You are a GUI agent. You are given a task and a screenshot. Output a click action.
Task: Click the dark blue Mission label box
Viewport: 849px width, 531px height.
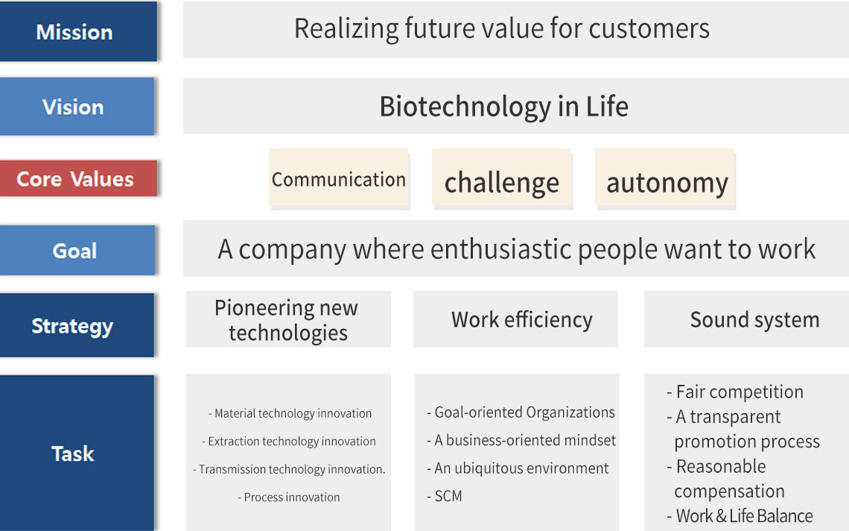pyautogui.click(x=78, y=31)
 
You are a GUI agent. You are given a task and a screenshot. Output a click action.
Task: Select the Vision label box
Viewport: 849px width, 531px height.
pyautogui.click(x=77, y=107)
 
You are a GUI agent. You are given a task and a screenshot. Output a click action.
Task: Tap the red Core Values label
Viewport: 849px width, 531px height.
pyautogui.click(x=78, y=178)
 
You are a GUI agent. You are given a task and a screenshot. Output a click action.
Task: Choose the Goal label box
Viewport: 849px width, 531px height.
pyautogui.click(x=77, y=250)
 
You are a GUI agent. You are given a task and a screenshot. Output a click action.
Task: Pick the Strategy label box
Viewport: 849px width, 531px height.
pyautogui.click(x=77, y=325)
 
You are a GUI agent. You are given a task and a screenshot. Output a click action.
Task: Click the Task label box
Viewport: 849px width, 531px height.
pyautogui.click(x=77, y=453)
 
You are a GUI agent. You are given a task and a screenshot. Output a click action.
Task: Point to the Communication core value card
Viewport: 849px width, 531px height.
pyautogui.click(x=338, y=178)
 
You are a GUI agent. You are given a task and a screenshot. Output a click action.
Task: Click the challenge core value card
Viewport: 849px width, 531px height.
pyautogui.click(x=501, y=178)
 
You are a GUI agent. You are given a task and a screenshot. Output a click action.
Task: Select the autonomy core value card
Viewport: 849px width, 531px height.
pyautogui.click(x=665, y=178)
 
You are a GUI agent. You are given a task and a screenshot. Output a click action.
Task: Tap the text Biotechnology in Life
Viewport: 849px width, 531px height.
pyautogui.click(x=503, y=107)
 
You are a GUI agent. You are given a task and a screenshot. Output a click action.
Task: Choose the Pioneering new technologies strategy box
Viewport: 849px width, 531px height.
pyautogui.click(x=288, y=319)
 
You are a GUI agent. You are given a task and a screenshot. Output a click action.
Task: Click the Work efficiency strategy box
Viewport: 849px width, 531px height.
pyautogui.click(x=515, y=319)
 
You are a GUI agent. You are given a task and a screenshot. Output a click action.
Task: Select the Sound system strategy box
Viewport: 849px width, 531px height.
pyautogui.click(x=746, y=319)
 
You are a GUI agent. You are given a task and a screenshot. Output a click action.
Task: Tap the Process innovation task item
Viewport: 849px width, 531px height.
pyautogui.click(x=289, y=497)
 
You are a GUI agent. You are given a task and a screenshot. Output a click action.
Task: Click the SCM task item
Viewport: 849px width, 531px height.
pyautogui.click(x=445, y=496)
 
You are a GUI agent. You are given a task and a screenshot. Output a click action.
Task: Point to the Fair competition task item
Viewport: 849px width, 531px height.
pyautogui.click(x=735, y=392)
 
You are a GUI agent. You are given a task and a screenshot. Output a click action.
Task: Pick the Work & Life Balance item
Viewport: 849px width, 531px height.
pyautogui.click(x=740, y=516)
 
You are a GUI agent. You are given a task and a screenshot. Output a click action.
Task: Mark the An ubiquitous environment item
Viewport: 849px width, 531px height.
pyautogui.click(x=518, y=468)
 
